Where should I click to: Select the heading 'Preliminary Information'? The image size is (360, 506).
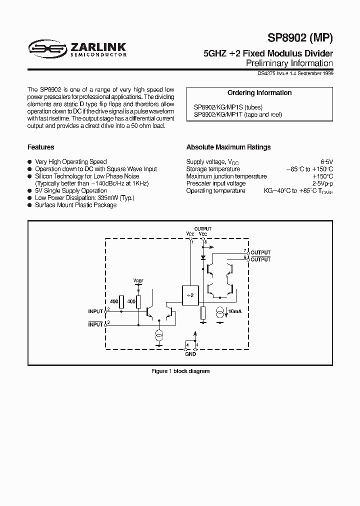click(289, 63)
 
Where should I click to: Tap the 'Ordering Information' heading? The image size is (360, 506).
click(259, 93)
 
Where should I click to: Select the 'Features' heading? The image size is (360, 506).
click(41, 147)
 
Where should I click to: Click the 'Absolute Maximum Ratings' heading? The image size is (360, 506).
click(228, 147)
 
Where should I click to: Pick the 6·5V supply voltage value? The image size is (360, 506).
click(326, 162)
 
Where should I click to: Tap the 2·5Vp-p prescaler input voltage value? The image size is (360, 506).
click(322, 183)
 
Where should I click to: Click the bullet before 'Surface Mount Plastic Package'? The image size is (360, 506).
click(30, 205)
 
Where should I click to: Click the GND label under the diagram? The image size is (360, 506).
click(191, 354)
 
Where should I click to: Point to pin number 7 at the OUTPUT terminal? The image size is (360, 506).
click(245, 250)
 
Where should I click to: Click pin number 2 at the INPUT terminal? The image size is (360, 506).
click(108, 309)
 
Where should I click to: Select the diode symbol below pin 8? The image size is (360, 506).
click(203, 257)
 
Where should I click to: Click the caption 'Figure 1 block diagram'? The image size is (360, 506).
click(180, 371)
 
